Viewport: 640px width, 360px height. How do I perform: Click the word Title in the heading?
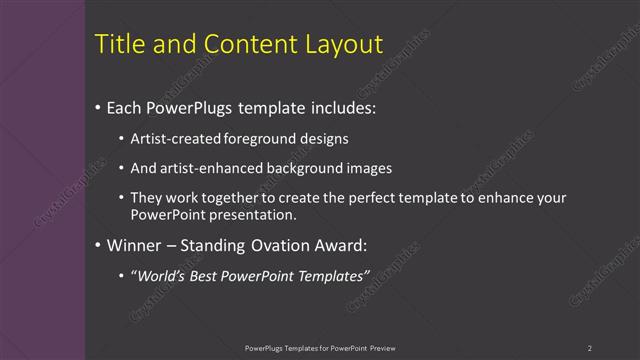[x=118, y=44]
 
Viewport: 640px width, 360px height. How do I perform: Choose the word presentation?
[x=254, y=214]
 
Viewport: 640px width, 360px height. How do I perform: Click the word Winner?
[x=132, y=245]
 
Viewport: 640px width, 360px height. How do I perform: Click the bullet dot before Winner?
[x=97, y=246]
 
